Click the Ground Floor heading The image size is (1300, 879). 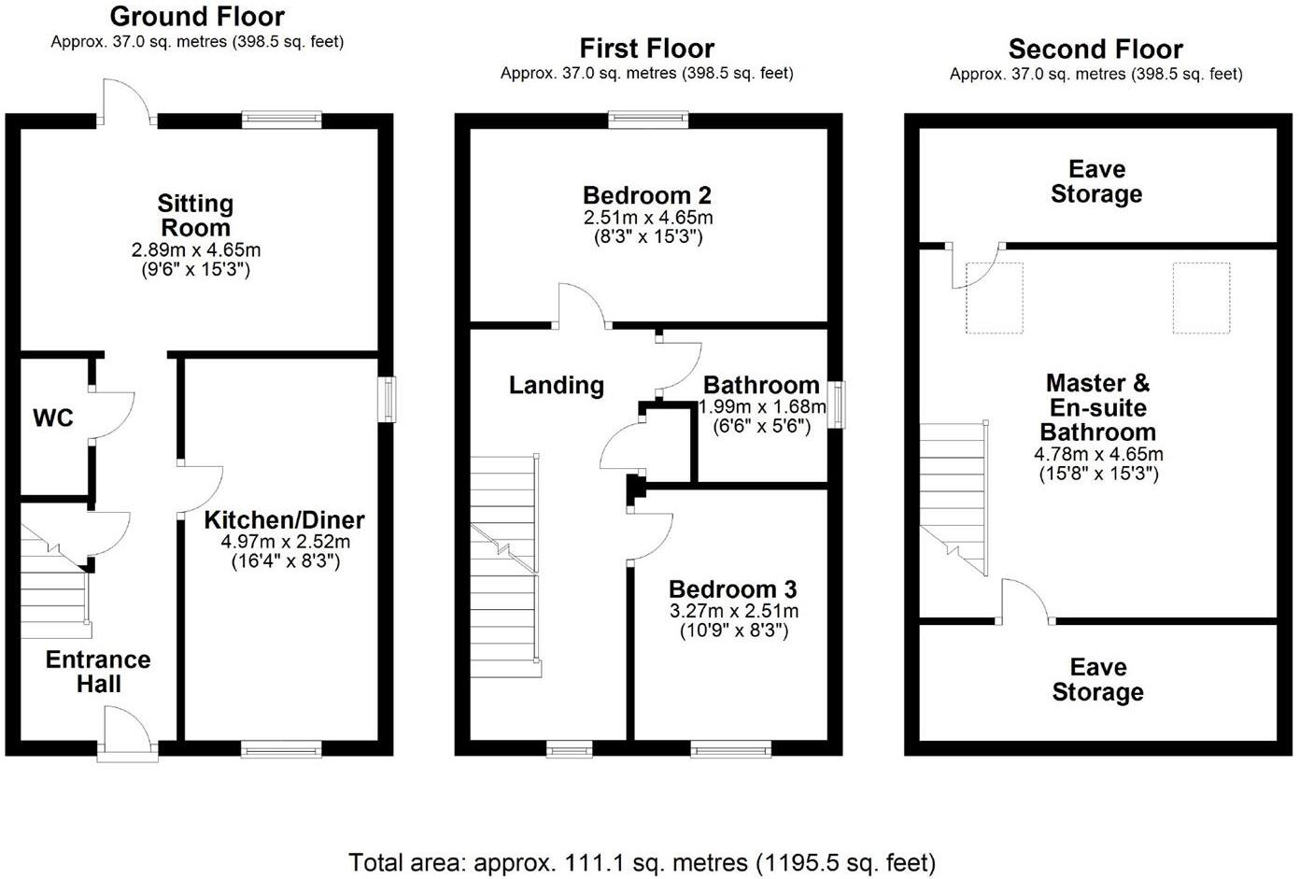tap(197, 16)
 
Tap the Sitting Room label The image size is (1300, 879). tap(195, 216)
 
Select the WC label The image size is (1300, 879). tap(53, 418)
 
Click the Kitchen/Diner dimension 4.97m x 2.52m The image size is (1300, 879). tap(285, 542)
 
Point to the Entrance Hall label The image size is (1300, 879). tap(98, 672)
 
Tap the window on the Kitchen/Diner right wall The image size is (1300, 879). tap(387, 399)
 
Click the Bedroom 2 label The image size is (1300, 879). tap(647, 195)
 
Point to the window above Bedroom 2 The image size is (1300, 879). tap(648, 119)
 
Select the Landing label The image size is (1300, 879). tap(557, 385)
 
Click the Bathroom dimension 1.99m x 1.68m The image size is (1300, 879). tap(762, 406)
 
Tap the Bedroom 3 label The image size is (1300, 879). tap(733, 589)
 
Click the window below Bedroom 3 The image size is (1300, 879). tap(731, 748)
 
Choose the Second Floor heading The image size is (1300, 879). tap(1095, 49)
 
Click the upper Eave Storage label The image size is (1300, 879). tap(1096, 181)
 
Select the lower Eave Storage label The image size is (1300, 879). tap(1097, 679)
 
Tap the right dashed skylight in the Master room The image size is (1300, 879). tap(1201, 297)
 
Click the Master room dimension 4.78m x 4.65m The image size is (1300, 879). tap(1098, 455)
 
